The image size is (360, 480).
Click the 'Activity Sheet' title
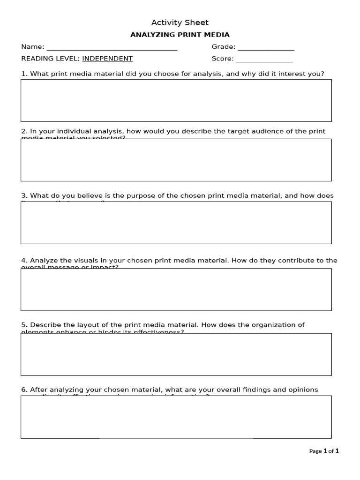coord(180,22)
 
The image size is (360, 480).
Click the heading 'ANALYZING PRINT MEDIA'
coord(180,35)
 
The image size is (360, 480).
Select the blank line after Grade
coord(266,47)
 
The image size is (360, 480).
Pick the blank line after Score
coord(264,59)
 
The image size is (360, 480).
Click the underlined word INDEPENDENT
coord(107,59)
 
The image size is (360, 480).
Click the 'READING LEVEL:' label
coord(51,59)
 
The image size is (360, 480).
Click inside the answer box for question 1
coord(176,100)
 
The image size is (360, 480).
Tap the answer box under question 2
coord(176,160)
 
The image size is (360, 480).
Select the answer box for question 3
coord(176,223)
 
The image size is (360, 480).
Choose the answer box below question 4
coord(176,289)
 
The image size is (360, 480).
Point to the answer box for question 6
coord(176,417)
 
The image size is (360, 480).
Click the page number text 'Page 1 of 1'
coord(324,451)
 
